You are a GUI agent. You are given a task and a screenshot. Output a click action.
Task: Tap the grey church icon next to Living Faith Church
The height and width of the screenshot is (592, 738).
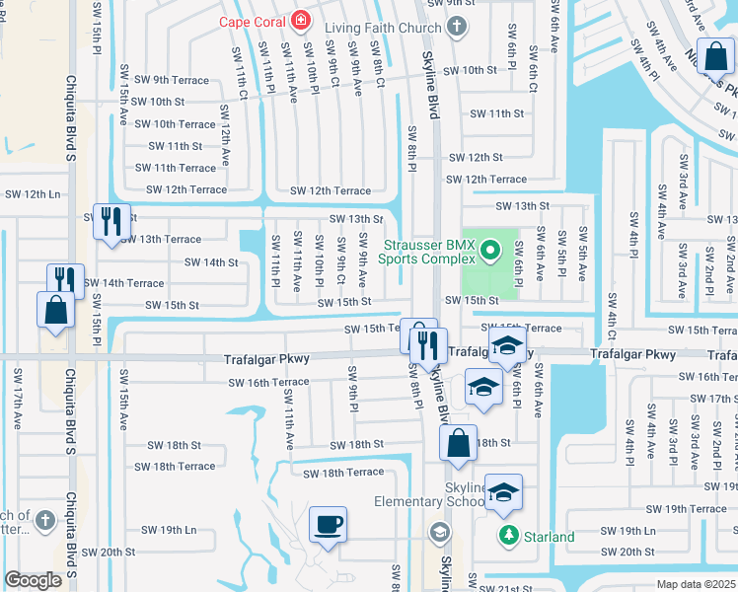[456, 28]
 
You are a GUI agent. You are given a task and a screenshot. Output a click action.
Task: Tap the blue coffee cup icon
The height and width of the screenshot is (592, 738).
[328, 524]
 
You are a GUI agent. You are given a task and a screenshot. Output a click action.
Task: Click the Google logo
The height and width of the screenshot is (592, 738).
[34, 580]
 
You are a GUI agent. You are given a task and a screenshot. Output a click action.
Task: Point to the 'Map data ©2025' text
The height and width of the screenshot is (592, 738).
[696, 584]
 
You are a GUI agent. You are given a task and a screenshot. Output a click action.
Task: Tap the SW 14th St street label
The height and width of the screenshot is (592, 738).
[212, 262]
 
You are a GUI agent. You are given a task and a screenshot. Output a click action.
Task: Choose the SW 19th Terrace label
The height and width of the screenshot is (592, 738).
[695, 509]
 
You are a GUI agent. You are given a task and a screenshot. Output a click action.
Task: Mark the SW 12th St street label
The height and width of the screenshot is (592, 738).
[476, 157]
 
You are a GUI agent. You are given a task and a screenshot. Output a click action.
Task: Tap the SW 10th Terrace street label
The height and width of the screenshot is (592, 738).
[175, 124]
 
